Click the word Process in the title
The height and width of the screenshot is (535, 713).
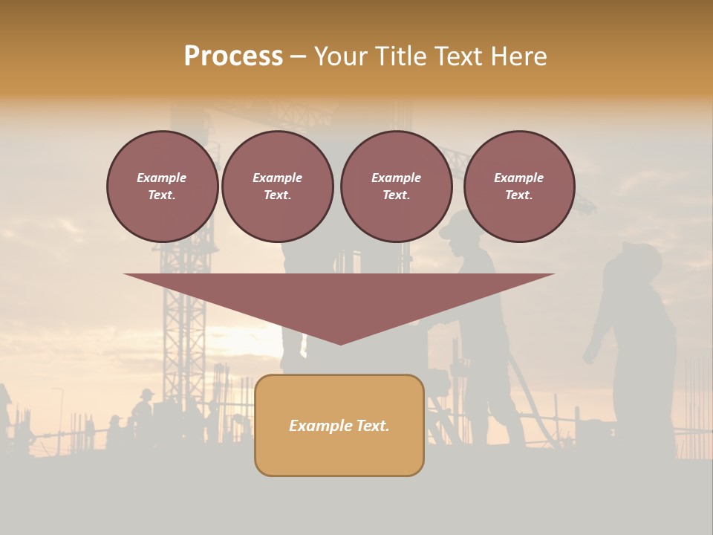click(233, 56)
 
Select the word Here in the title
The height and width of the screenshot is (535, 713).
click(518, 56)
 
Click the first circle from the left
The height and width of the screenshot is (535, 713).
click(162, 187)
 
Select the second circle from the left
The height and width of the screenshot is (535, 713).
click(277, 187)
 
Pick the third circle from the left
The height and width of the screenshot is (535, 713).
click(396, 187)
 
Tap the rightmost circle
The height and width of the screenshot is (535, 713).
click(518, 187)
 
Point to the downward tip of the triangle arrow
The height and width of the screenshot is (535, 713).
click(340, 343)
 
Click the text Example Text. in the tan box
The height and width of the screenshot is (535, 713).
click(339, 426)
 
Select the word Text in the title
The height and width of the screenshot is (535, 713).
click(462, 56)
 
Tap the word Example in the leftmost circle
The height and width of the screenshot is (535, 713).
click(162, 178)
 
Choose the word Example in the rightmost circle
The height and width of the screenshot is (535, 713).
click(518, 178)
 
